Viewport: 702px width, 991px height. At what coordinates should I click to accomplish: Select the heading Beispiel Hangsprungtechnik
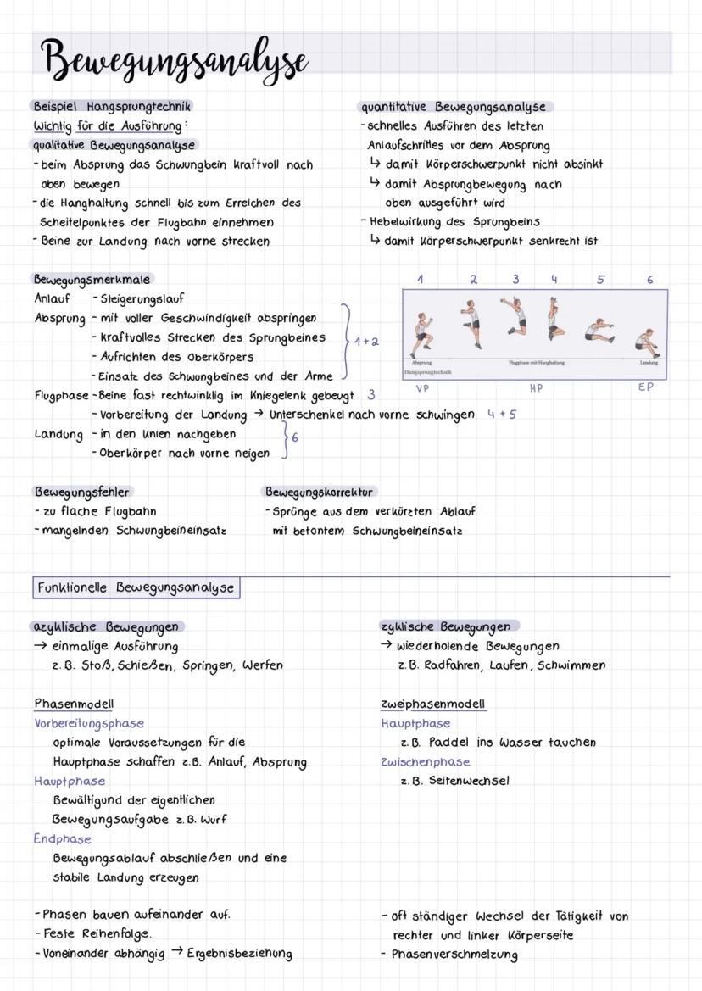(112, 107)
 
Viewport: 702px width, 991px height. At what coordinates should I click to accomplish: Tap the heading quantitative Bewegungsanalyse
(454, 108)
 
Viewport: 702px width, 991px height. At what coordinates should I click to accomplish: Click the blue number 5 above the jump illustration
(601, 280)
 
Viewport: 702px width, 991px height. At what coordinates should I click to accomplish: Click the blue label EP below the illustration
(646, 387)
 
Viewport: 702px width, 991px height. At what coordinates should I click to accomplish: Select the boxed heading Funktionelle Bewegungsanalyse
(136, 587)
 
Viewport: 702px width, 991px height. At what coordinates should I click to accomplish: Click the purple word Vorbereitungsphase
(89, 723)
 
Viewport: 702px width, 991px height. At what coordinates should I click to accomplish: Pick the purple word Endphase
(63, 838)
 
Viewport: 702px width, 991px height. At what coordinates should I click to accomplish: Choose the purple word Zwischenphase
(426, 761)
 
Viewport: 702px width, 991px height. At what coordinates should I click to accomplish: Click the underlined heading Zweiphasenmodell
(433, 704)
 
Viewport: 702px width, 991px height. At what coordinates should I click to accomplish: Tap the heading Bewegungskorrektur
(320, 492)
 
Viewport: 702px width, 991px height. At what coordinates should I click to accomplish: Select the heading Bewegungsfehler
(82, 492)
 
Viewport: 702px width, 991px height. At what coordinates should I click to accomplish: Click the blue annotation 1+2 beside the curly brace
(366, 342)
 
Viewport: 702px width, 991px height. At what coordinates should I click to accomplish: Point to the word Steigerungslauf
(142, 299)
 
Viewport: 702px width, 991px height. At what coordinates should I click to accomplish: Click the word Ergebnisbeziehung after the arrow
(239, 954)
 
